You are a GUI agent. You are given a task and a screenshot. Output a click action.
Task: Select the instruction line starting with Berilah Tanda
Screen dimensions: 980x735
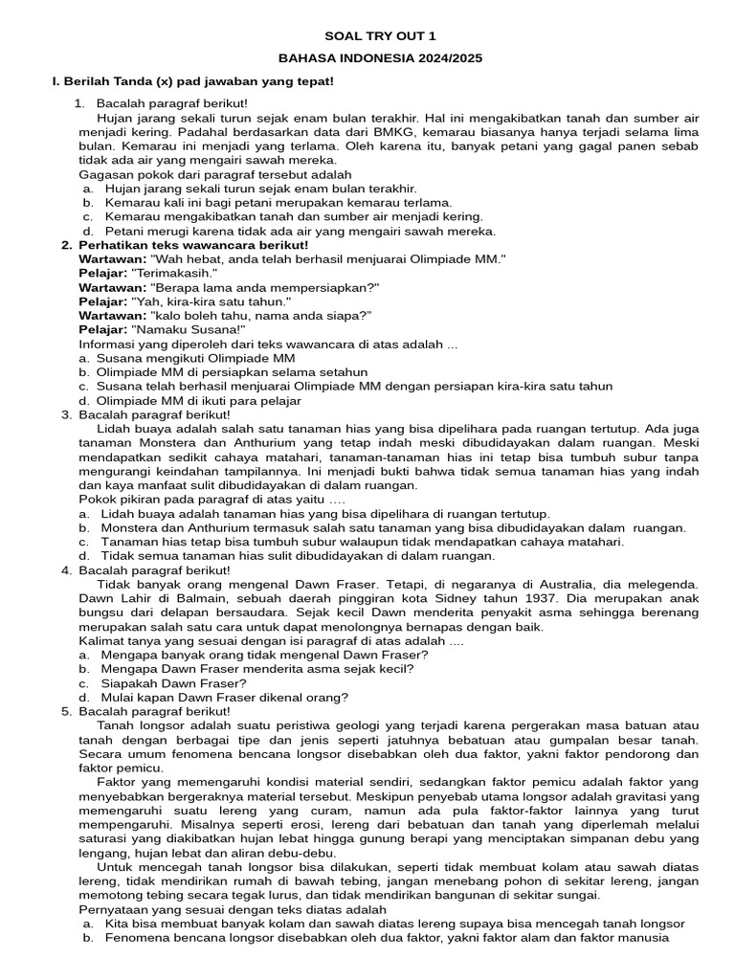[192, 82]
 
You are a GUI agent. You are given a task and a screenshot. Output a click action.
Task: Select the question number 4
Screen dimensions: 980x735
[66, 570]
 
